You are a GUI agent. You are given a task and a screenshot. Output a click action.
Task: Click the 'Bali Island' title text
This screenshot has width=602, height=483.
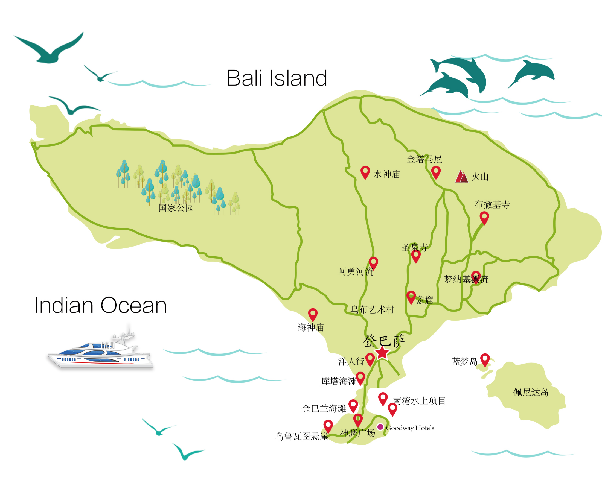click(277, 78)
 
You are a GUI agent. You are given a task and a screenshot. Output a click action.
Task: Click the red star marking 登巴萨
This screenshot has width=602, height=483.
click(382, 353)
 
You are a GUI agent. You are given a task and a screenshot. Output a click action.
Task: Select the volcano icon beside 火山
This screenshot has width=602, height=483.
click(461, 176)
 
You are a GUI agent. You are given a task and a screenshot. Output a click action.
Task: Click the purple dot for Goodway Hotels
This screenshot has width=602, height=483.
click(380, 427)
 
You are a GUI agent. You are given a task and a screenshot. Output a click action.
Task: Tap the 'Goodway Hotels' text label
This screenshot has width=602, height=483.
click(410, 428)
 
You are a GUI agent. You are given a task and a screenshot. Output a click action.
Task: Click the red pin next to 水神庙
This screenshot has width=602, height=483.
click(365, 172)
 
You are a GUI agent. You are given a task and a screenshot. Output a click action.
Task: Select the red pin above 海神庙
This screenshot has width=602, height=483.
click(313, 314)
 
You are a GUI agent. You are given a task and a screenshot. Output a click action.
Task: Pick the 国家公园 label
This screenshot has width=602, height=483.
click(176, 208)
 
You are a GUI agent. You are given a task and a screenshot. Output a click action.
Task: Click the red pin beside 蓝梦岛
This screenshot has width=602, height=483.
click(485, 359)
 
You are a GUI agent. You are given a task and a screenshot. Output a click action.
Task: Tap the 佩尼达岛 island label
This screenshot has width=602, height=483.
click(531, 392)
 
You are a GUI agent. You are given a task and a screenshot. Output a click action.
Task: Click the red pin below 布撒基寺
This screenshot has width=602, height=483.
click(484, 217)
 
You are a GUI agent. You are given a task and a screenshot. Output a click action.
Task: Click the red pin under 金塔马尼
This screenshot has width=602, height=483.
click(436, 172)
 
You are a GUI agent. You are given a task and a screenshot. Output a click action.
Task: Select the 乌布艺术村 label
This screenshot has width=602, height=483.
click(372, 309)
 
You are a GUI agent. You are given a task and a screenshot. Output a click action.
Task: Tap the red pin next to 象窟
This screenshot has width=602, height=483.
click(411, 297)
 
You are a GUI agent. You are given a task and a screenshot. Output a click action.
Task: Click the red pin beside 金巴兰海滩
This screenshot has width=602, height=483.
click(353, 405)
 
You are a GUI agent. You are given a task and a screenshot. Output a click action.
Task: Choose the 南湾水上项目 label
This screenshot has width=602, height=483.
click(419, 401)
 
